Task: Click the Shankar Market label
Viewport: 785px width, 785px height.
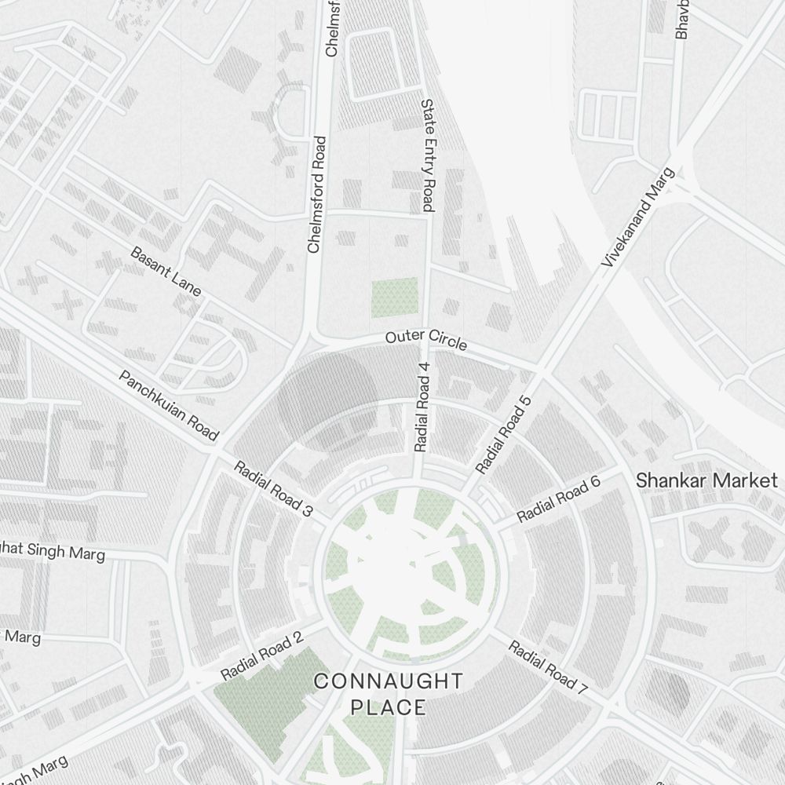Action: (706, 480)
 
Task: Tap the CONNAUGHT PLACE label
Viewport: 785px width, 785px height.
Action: (389, 694)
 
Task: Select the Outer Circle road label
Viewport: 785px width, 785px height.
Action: (425, 341)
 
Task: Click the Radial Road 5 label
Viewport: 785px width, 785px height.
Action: (503, 435)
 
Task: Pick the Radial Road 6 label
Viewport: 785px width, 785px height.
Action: (558, 499)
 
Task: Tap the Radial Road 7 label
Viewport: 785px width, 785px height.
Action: (548, 667)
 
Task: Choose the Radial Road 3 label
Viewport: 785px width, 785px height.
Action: (273, 488)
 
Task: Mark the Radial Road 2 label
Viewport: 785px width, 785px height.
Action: (261, 656)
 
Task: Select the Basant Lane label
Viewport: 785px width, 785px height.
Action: (166, 272)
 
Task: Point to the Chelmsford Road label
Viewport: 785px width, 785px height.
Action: (316, 195)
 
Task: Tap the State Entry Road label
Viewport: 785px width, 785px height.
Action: (428, 155)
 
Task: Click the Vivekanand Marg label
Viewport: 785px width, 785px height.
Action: (637, 217)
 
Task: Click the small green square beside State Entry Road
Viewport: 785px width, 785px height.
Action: (395, 298)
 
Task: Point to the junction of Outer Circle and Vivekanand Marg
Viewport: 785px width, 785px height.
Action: (541, 368)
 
